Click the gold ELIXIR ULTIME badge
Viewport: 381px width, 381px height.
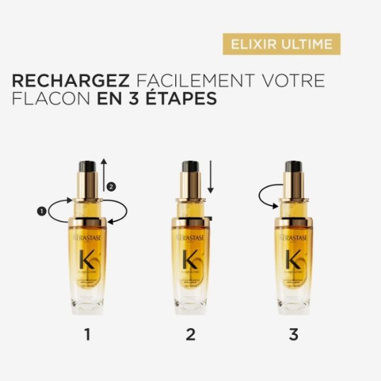(x=282, y=44)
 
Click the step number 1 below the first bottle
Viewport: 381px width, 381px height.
(x=87, y=335)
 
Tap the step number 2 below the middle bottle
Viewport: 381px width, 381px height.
(x=190, y=335)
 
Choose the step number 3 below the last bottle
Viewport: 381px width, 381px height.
(x=293, y=335)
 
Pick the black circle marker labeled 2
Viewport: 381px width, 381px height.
(x=113, y=186)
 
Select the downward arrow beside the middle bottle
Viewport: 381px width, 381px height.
(x=211, y=175)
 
